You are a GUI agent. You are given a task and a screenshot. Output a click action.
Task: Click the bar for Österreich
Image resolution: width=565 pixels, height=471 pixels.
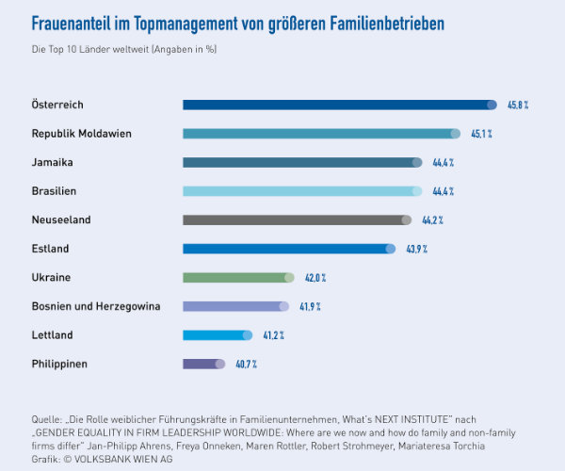(339, 105)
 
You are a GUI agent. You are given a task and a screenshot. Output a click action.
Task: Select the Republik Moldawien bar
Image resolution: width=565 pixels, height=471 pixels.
(321, 134)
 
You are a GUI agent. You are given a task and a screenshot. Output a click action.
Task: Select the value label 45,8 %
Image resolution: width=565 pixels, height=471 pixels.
(519, 105)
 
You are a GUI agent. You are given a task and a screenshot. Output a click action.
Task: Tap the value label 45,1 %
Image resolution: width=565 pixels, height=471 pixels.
(481, 134)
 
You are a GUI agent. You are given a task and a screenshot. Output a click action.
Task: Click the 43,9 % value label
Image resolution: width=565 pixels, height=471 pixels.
(417, 249)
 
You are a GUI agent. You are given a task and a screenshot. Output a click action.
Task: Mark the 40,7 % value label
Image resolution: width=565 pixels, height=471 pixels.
(246, 364)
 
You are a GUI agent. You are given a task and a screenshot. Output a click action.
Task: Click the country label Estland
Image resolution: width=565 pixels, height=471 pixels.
(51, 249)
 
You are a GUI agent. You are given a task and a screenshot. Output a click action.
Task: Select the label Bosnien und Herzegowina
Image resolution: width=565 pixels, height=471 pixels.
(95, 306)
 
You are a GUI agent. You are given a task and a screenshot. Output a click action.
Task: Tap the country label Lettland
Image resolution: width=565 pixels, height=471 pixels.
(52, 334)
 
